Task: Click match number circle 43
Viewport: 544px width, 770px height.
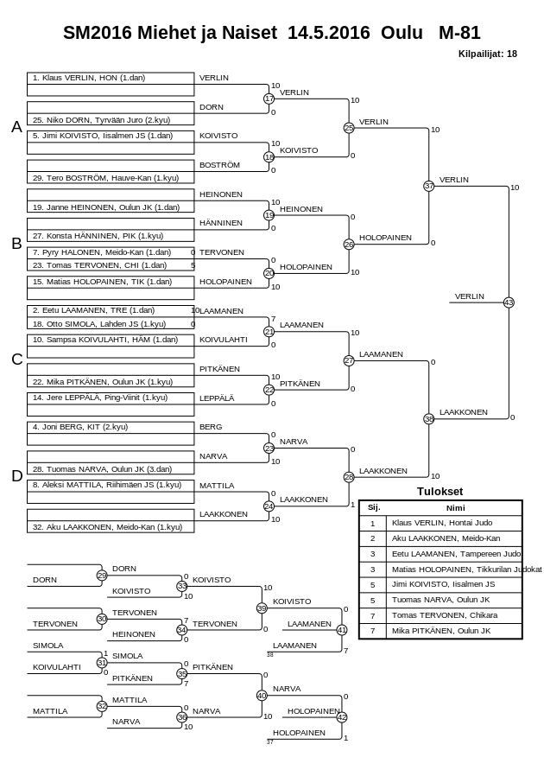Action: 509,302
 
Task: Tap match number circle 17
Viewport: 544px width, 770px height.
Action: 269,99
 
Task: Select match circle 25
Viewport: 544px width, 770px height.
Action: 349,128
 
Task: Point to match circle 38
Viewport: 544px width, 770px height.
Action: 429,419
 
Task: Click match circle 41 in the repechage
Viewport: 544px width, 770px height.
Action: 342,630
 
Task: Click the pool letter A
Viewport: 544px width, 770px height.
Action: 16,127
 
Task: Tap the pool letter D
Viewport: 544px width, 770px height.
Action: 16,475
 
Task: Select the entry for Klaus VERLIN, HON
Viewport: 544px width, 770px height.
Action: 88,78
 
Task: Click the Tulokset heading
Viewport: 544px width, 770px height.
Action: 440,491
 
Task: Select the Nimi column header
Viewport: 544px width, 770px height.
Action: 455,508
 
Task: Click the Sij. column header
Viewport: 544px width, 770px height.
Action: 373,508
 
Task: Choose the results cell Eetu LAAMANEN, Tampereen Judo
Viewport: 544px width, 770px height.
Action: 456,553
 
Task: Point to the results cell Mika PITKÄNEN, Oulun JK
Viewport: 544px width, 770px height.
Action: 440,631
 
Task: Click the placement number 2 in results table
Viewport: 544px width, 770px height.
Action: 373,538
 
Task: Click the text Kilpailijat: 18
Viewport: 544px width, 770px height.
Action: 488,54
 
